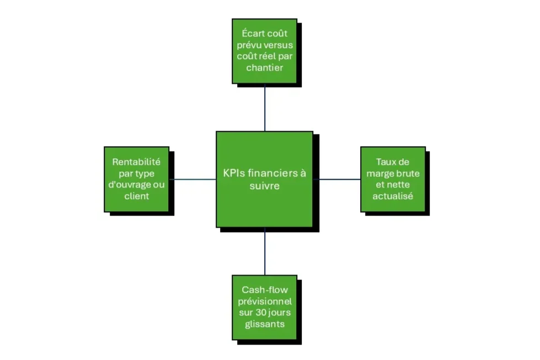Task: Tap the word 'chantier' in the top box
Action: point(264,68)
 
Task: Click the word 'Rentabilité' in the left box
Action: point(136,162)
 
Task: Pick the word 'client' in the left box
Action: point(136,196)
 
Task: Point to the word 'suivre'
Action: point(264,186)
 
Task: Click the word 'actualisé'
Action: point(393,196)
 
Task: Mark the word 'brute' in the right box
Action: point(408,173)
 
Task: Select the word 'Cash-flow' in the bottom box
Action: point(264,290)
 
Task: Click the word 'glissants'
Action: point(264,324)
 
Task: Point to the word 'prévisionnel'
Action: point(264,302)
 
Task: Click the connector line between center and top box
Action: point(265,108)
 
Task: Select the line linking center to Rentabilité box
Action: point(192,179)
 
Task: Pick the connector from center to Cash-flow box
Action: point(265,251)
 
